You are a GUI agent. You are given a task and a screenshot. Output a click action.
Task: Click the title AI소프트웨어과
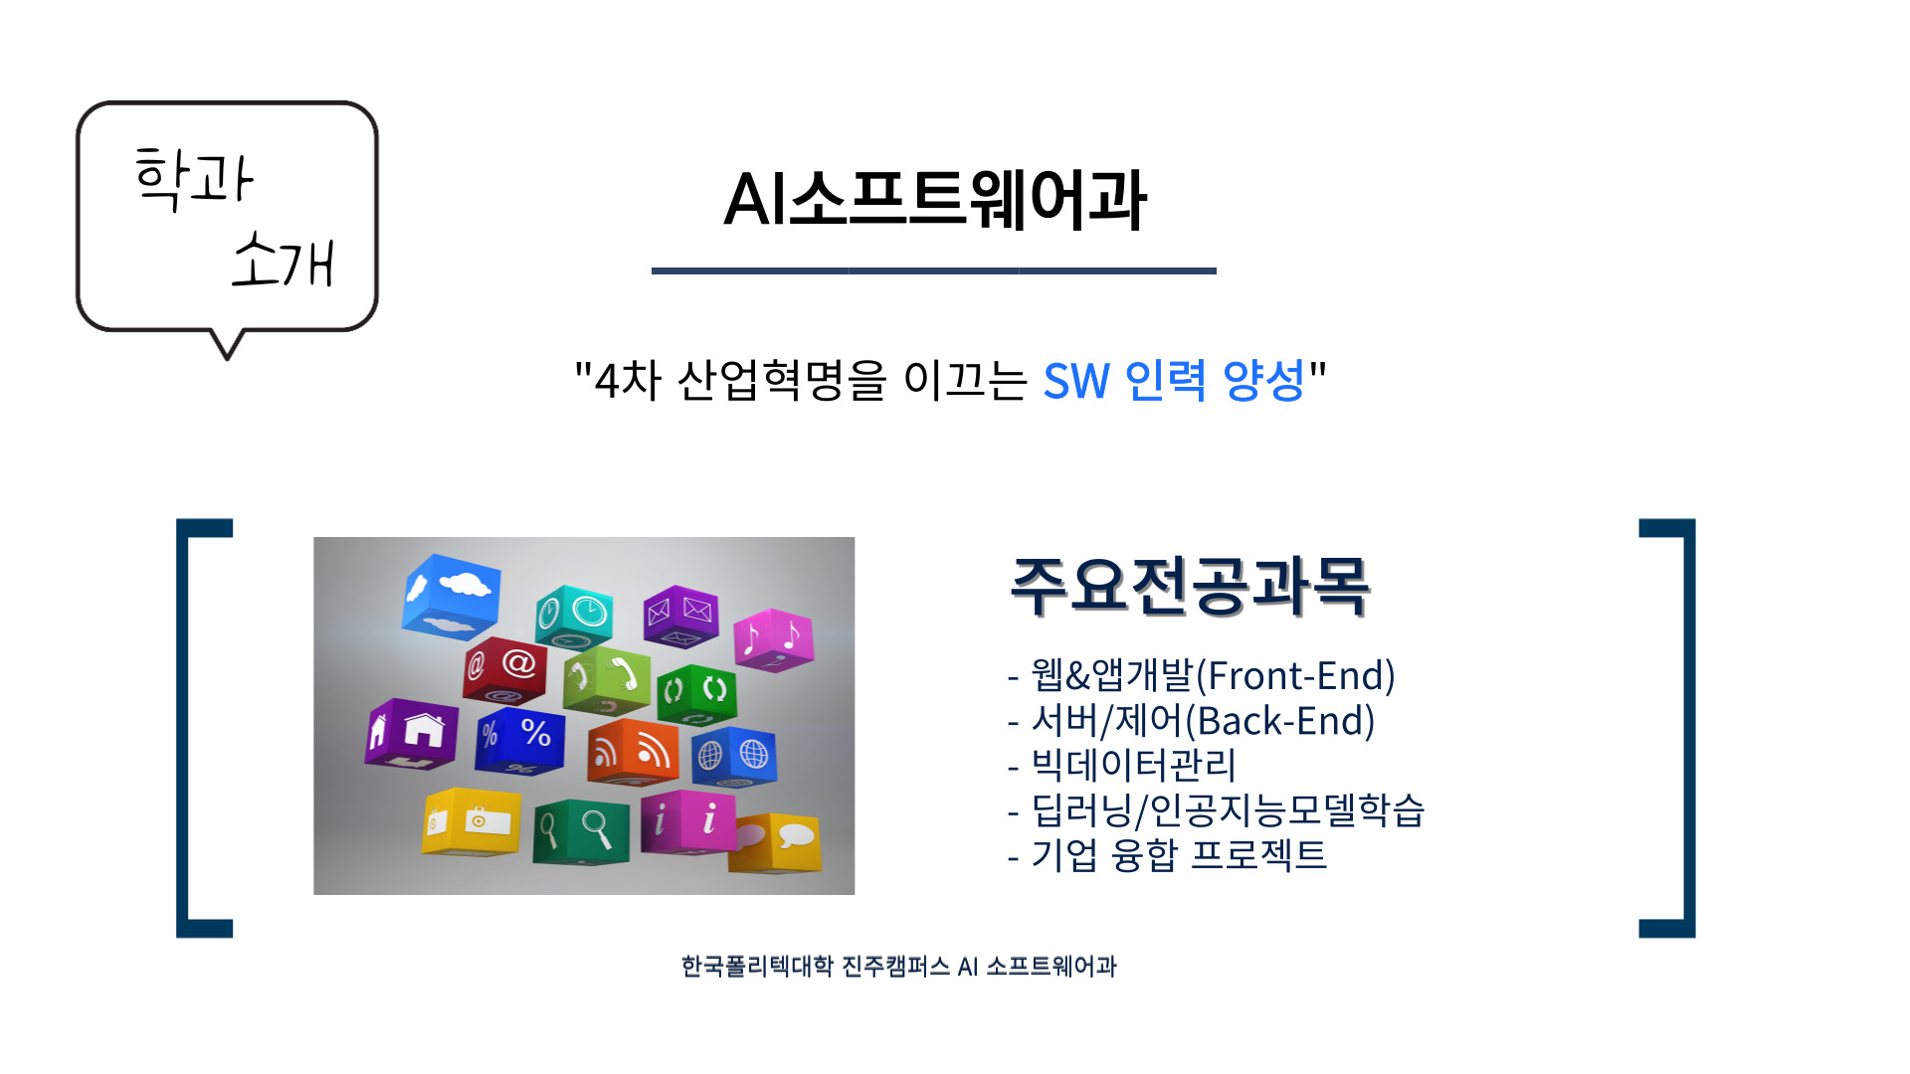935,200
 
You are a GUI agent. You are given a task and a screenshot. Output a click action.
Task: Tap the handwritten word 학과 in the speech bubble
194,178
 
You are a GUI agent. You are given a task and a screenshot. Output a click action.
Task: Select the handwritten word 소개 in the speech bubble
283,260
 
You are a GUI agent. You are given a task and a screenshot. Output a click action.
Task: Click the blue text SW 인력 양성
1174,380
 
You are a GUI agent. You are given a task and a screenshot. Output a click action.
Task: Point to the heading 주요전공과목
1190,586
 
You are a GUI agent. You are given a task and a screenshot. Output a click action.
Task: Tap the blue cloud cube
451,596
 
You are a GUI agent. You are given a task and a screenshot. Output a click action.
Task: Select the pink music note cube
773,639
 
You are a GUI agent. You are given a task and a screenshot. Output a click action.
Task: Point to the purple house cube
412,734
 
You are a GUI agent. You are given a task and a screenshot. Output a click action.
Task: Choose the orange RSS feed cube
633,753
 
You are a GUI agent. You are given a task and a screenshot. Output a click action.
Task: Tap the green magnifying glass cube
581,831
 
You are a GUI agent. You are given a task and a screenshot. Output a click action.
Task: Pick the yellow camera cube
471,821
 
